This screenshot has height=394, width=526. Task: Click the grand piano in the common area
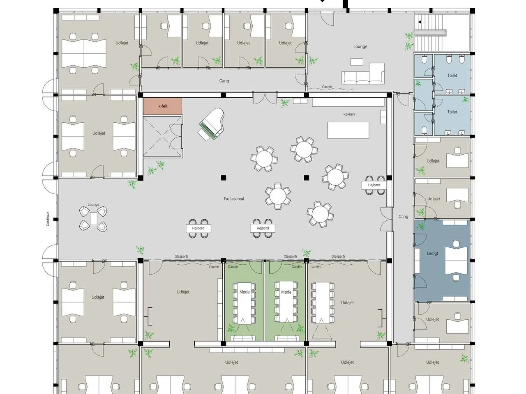click(x=211, y=124)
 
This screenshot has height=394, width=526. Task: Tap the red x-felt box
click(x=163, y=106)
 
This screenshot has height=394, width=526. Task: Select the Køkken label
click(x=349, y=115)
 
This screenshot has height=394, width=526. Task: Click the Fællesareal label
click(x=234, y=199)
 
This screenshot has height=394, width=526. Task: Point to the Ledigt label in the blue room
click(x=432, y=253)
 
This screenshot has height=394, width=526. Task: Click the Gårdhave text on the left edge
click(x=48, y=219)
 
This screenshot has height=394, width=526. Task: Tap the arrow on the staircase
click(x=422, y=22)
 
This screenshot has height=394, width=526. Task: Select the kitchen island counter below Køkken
click(x=348, y=131)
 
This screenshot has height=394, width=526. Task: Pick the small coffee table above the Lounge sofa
click(x=357, y=62)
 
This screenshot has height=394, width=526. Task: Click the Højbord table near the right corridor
click(x=374, y=185)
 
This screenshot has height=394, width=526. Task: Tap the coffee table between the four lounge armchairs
click(x=93, y=219)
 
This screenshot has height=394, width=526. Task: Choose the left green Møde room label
click(x=245, y=292)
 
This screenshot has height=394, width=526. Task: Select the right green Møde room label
click(x=286, y=292)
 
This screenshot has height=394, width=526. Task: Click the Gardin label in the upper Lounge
click(x=327, y=87)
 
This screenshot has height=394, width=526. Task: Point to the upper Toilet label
click(x=452, y=76)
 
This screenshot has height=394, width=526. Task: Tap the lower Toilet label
click(x=452, y=112)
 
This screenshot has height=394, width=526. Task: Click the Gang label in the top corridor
click(x=224, y=81)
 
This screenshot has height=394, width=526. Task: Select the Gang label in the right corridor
click(x=403, y=217)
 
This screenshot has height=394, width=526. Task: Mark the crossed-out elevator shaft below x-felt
click(x=162, y=136)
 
